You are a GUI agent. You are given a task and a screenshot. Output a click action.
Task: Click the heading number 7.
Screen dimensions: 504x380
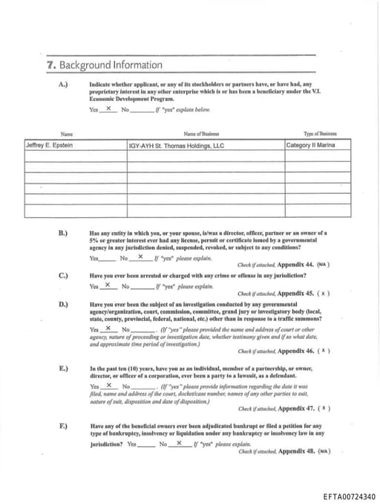[x=50, y=65]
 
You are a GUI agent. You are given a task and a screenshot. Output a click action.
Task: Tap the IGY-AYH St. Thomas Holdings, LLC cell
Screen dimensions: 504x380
[x=176, y=146]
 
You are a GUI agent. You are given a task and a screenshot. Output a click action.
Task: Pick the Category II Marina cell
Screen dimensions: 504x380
[x=309, y=145]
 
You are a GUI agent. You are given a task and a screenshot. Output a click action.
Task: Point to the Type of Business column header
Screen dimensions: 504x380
[x=319, y=134]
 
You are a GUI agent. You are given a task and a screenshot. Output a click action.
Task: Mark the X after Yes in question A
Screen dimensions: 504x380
[x=108, y=109]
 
